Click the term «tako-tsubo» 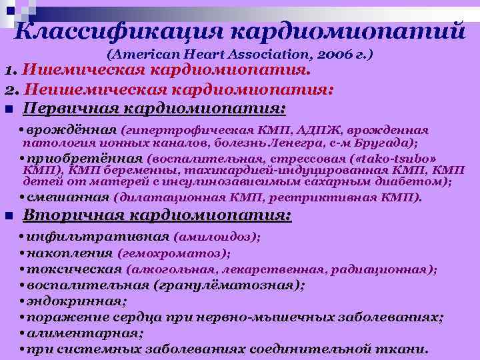(x=401, y=159)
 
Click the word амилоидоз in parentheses (x=216, y=236)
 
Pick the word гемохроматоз (x=173, y=253)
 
